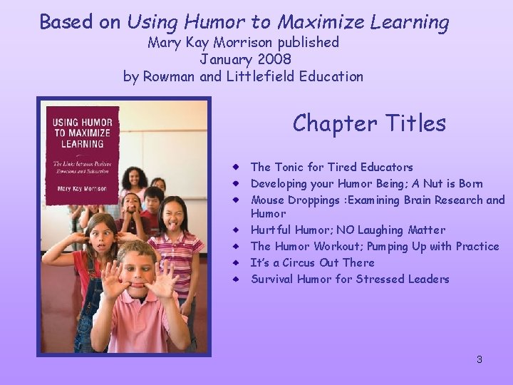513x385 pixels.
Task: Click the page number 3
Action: (x=480, y=359)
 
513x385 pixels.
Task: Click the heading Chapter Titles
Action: (x=369, y=123)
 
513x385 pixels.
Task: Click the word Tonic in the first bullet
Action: (x=289, y=168)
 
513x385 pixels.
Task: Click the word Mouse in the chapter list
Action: (x=268, y=200)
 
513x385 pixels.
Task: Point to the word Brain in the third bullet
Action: (x=421, y=200)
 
